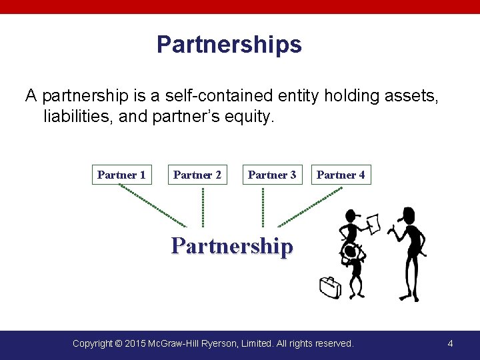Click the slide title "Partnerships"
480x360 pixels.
[229, 45]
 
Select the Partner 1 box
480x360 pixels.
[121, 175]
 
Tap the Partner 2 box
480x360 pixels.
[197, 175]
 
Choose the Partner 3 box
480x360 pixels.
[272, 175]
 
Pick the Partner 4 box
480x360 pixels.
[341, 175]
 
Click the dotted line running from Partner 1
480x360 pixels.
[153, 205]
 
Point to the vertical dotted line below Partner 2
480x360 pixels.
[203, 207]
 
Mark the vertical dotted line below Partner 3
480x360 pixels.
[263, 207]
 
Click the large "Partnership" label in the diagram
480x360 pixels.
[232, 246]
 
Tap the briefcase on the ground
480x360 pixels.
[329, 287]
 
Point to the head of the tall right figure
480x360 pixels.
[406, 215]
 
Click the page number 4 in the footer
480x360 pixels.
[450, 343]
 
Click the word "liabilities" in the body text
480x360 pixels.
[74, 117]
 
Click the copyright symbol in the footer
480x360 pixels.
[118, 343]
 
